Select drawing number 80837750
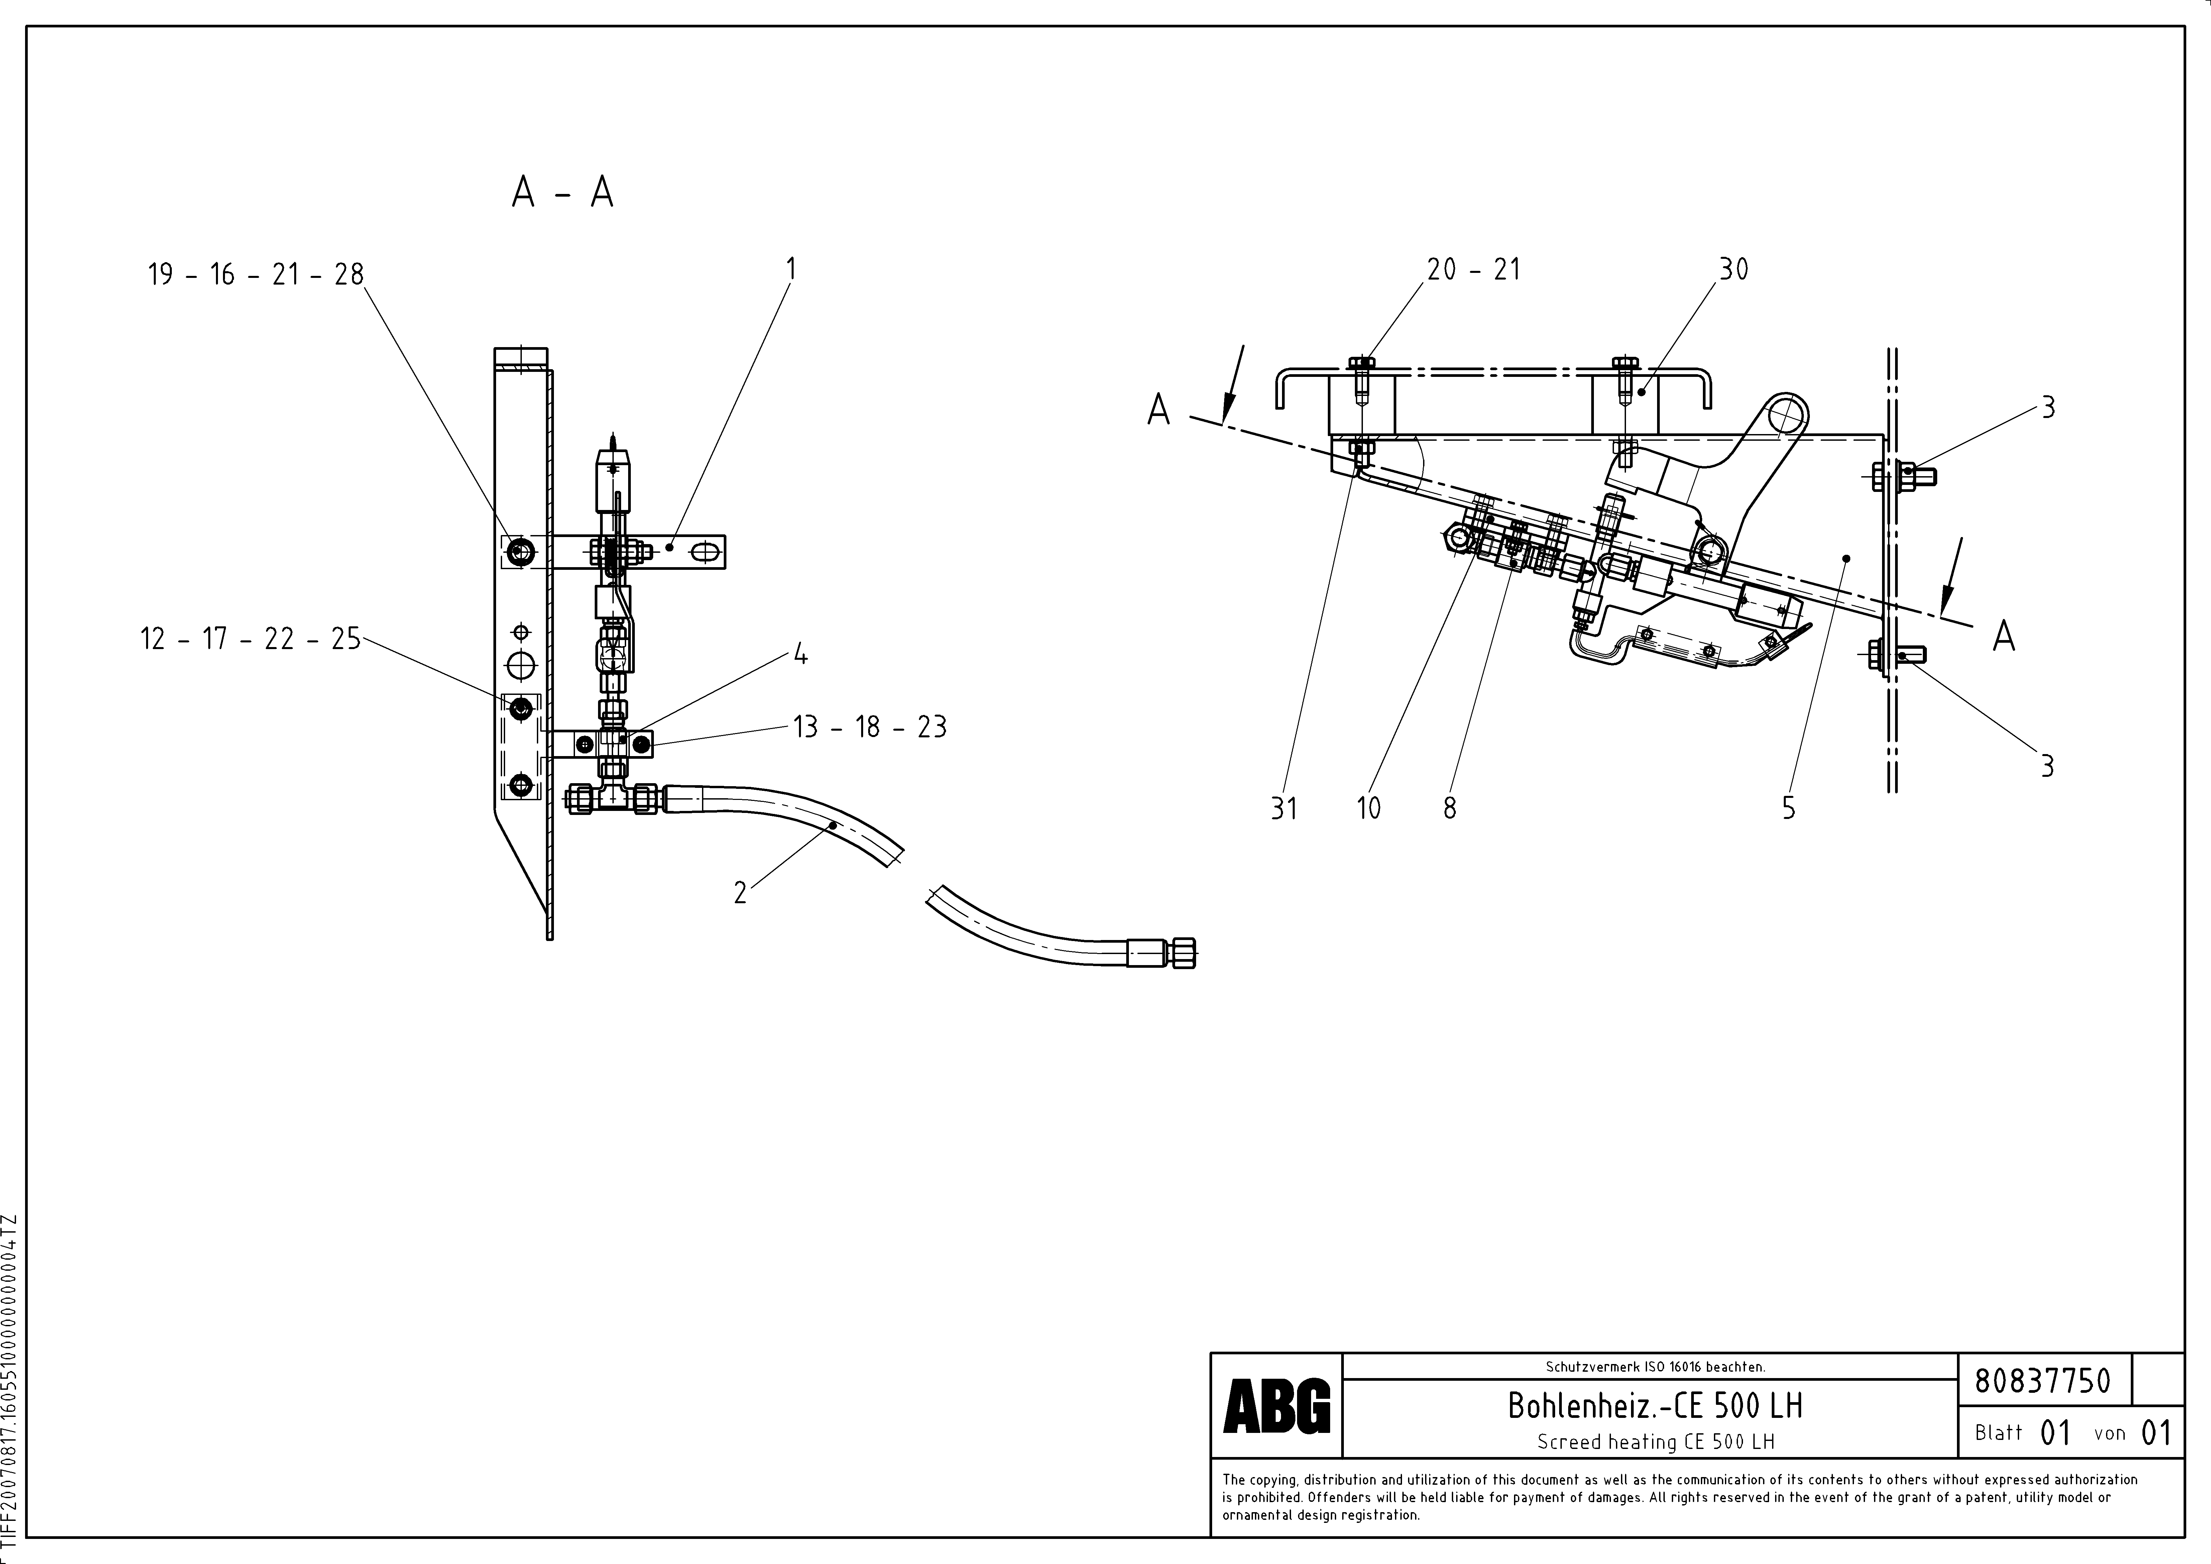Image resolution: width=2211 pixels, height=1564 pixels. [2042, 1381]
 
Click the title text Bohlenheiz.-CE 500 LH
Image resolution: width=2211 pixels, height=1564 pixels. [1654, 1406]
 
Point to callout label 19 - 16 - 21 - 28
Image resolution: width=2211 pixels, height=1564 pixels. [255, 275]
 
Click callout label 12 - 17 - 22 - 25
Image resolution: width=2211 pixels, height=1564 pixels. [250, 638]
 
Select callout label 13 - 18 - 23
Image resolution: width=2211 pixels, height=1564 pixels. [869, 727]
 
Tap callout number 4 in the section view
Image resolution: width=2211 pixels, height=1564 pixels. [799, 656]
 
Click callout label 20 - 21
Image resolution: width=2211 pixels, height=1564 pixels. [1473, 270]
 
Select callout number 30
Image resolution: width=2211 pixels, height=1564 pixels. [1733, 270]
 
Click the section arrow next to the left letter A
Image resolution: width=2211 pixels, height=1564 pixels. [1233, 385]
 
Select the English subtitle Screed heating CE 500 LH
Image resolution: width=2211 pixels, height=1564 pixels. [1654, 1442]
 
